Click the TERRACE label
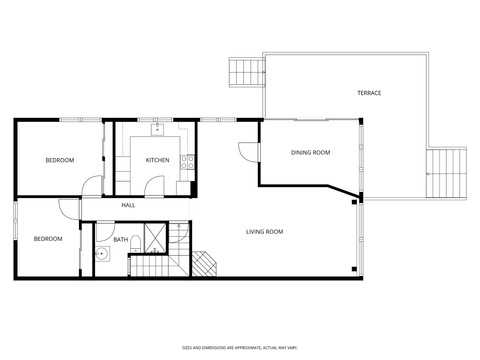369,93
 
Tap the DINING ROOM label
310,152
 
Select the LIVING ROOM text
264,232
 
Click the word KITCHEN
157,160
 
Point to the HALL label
128,205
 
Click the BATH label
121,239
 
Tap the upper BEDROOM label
60,160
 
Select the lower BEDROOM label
48,239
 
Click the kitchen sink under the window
157,129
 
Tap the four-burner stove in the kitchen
187,162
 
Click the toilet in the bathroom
136,244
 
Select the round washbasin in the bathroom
102,254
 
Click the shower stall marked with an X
155,238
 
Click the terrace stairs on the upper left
247,73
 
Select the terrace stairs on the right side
446,174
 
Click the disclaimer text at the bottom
240,348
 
